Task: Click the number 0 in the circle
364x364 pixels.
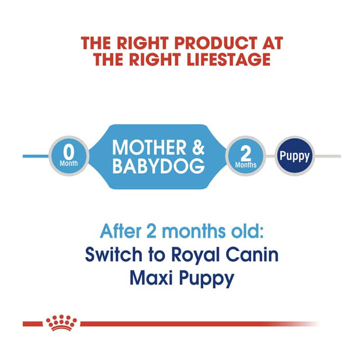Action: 68,151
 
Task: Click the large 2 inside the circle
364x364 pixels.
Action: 246,151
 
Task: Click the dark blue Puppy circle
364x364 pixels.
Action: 294,156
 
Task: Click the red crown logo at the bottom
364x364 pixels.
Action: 61,323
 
